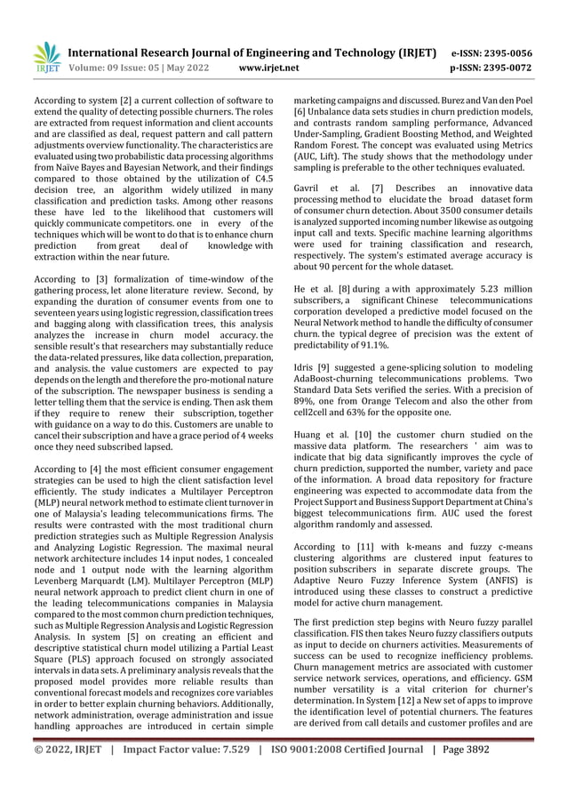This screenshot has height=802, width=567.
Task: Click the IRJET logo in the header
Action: [45, 56]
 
